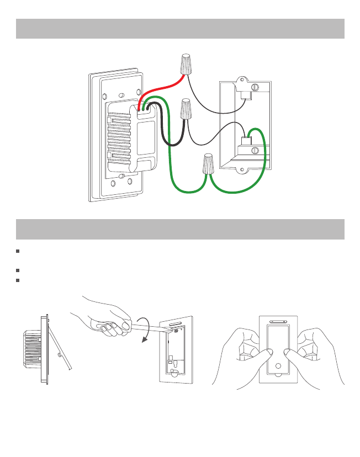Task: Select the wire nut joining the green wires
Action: (x=208, y=164)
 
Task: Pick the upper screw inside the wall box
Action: (x=255, y=87)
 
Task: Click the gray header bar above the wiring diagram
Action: (x=180, y=28)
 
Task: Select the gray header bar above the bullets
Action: (x=180, y=229)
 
